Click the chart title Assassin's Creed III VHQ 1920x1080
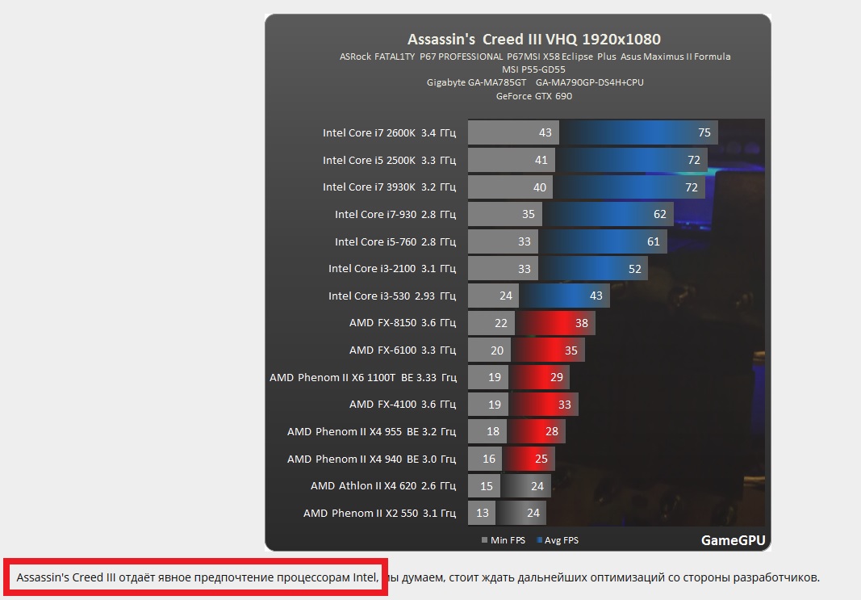click(x=534, y=40)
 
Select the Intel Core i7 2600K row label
click(x=389, y=132)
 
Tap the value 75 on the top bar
click(x=704, y=132)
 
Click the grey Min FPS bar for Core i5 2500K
click(x=500, y=160)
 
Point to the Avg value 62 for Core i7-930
click(x=660, y=214)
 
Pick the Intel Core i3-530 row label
click(x=391, y=296)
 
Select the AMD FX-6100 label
click(x=402, y=350)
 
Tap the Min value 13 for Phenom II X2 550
click(x=483, y=513)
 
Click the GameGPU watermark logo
click(x=733, y=540)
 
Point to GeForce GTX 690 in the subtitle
click(x=534, y=96)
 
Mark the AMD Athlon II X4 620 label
click(x=382, y=485)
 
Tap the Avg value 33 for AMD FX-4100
click(x=565, y=404)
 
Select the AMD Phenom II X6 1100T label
click(x=362, y=377)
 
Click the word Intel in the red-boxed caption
click(x=365, y=577)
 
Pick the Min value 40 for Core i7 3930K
click(x=539, y=187)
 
